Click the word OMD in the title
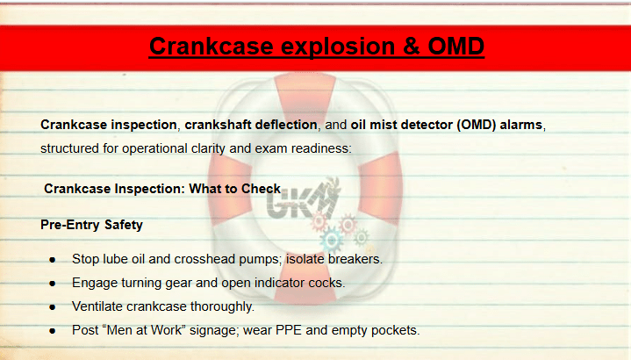[x=456, y=47]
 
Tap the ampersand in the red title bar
[x=411, y=47]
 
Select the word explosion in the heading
[x=338, y=47]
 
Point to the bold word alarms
[x=520, y=125]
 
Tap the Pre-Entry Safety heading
[x=92, y=225]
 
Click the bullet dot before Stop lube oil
[x=53, y=260]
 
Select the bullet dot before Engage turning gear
[x=53, y=284]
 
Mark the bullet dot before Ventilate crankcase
[x=53, y=307]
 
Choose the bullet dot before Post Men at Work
[x=53, y=331]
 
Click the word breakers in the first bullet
[x=355, y=259]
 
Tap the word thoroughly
[x=222, y=306]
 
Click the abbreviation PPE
[x=289, y=330]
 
